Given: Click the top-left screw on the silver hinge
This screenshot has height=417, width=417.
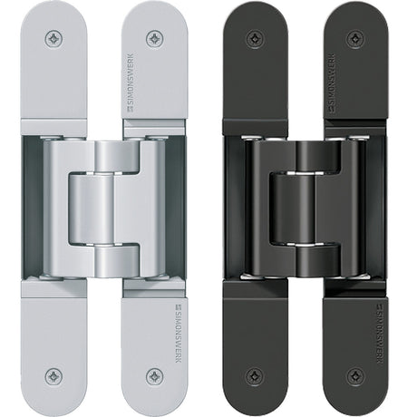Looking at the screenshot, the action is point(54,39).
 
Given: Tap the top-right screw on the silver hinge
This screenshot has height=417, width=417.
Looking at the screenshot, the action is point(155,38).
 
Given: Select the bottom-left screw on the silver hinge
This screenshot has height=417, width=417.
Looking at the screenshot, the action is point(54,376).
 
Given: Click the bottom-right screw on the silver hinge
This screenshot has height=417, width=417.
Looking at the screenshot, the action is point(155,376).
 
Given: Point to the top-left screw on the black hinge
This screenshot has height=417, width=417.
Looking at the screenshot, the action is point(256,39).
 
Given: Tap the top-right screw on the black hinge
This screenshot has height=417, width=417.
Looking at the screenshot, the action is point(355,38).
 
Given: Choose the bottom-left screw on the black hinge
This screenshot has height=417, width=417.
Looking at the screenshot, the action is point(256,376).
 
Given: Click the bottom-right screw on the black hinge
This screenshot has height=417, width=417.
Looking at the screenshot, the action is point(355,375).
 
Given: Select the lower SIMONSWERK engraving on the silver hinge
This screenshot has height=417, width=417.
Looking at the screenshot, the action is point(178,334).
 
